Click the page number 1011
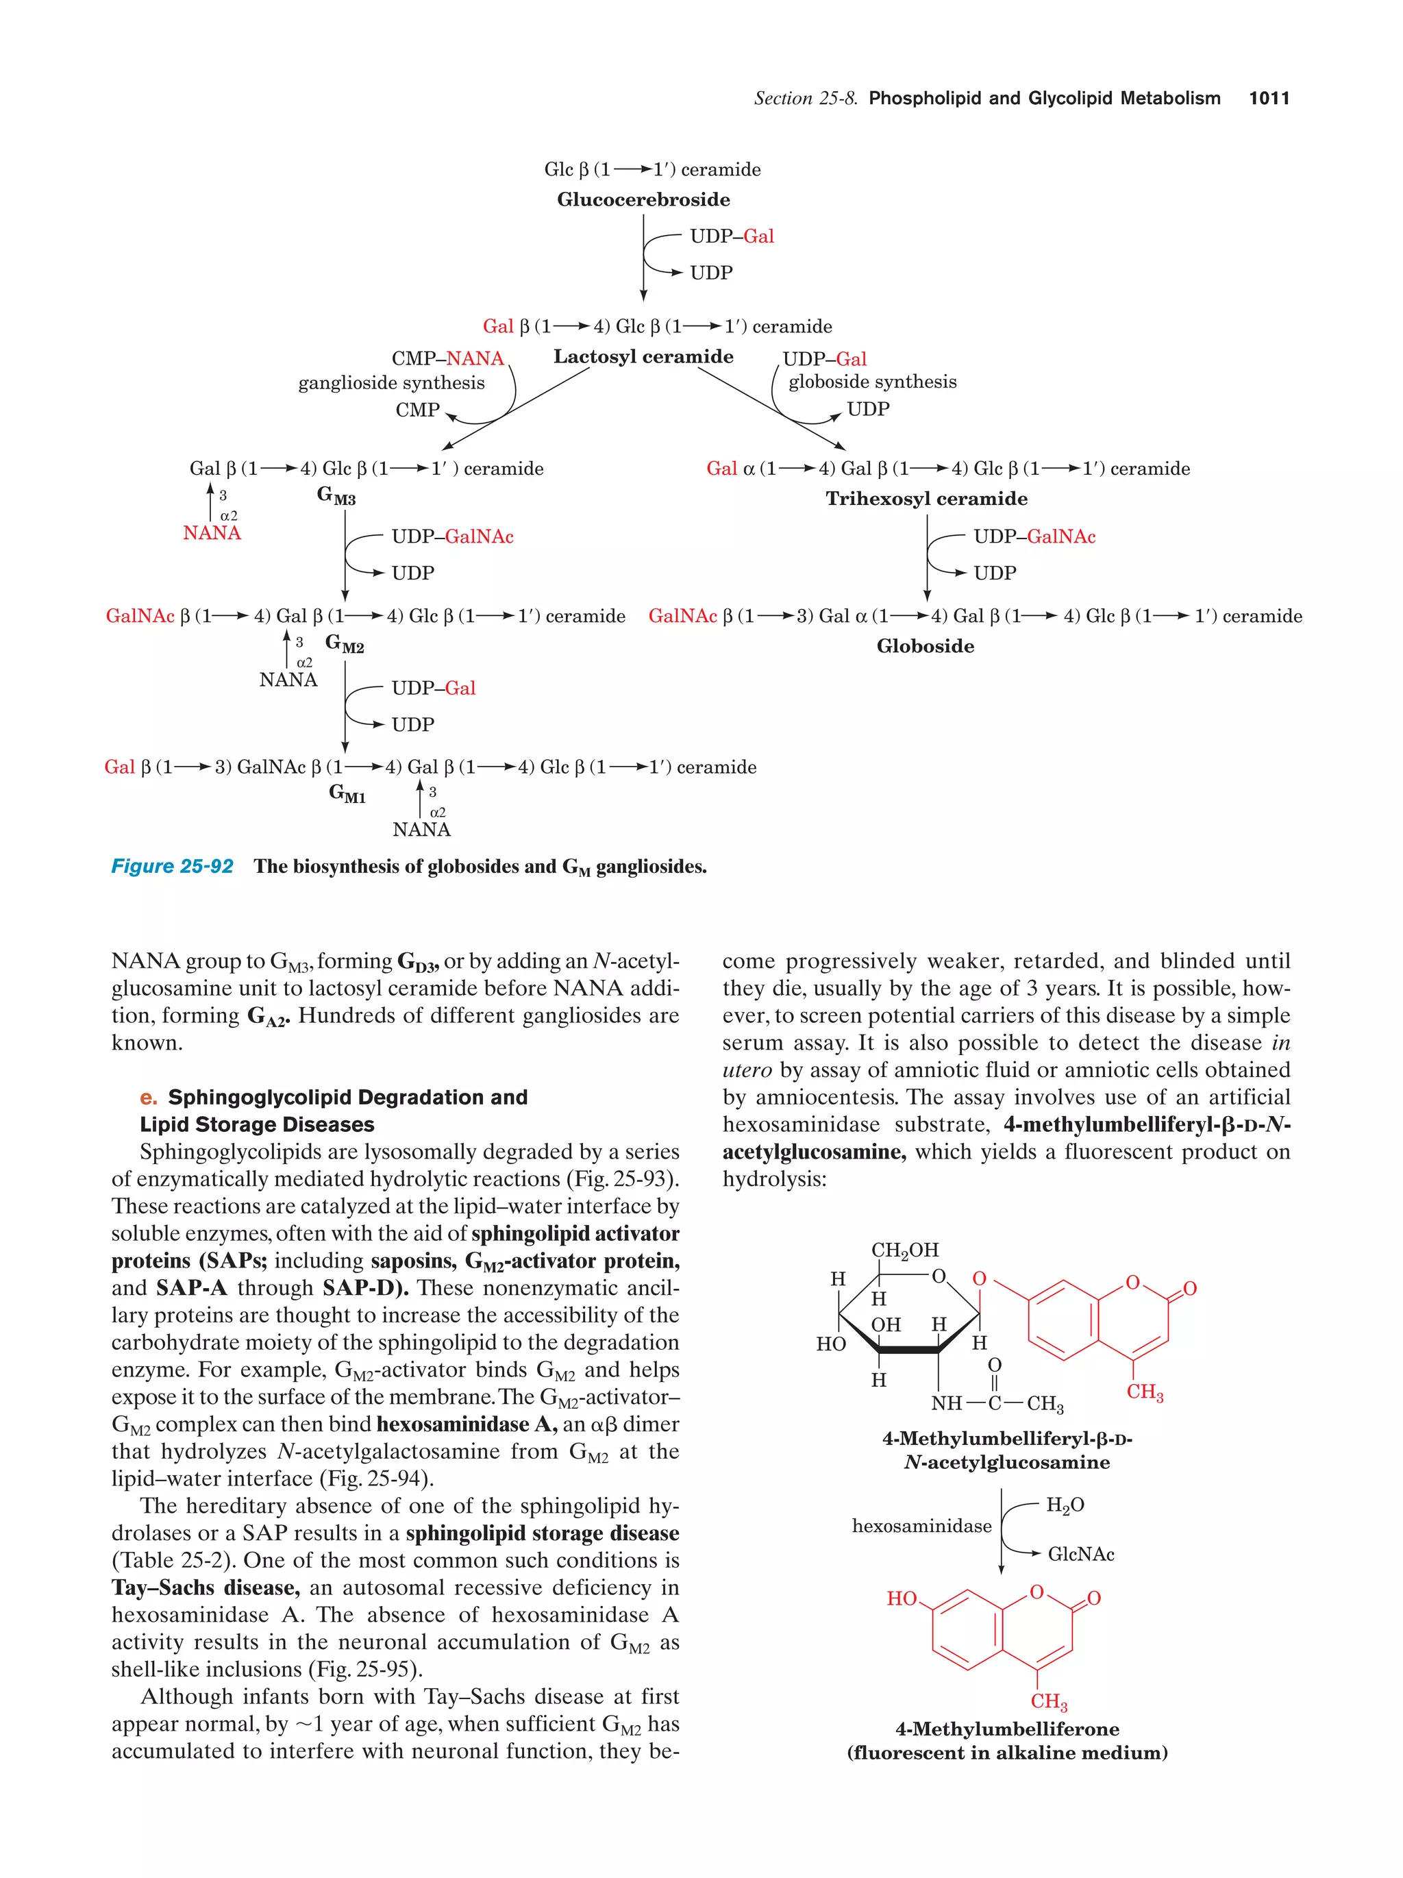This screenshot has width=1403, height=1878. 1268,99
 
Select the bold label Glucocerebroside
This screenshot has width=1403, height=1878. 643,199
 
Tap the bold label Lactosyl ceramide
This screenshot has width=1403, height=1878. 643,356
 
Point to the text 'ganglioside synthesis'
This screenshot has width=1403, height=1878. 391,383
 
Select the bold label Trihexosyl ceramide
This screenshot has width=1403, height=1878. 926,498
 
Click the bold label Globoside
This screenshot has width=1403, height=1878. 925,646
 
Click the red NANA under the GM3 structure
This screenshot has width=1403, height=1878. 212,533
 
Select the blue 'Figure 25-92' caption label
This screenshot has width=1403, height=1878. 173,866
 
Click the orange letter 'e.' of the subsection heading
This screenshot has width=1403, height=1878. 149,1097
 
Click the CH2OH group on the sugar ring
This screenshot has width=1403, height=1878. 905,1250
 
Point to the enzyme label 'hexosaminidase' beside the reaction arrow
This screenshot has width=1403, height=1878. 921,1526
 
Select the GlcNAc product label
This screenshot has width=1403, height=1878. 1080,1555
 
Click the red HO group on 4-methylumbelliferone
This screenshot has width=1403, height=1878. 902,1598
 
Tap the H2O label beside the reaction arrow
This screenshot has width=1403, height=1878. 1065,1505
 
